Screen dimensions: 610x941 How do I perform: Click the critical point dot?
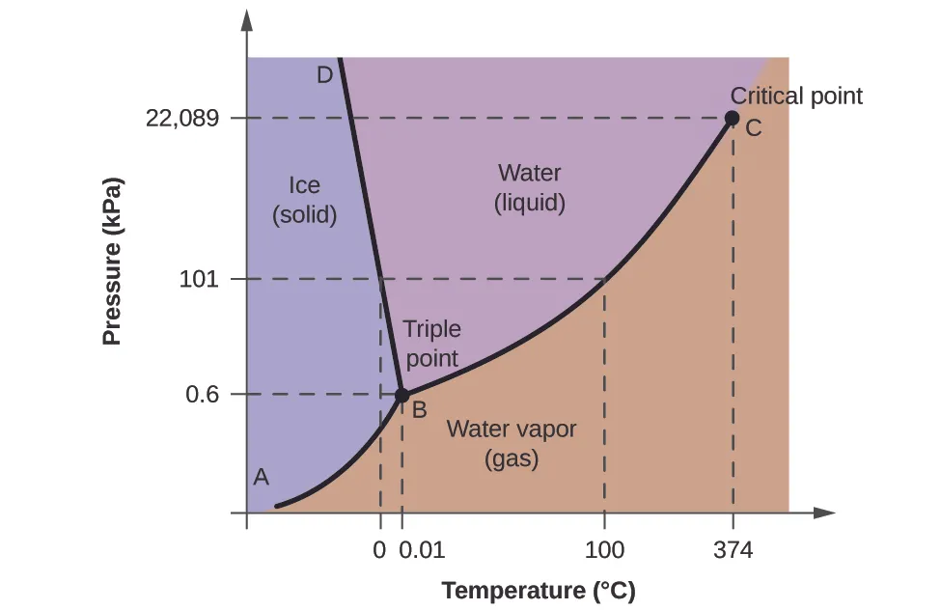(732, 119)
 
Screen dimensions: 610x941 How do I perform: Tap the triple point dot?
(402, 395)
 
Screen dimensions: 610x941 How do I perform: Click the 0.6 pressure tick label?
(202, 395)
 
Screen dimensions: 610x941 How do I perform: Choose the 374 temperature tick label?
(733, 551)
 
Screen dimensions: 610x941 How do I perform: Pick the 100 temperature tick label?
(604, 551)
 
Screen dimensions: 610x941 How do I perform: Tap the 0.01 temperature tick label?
(422, 551)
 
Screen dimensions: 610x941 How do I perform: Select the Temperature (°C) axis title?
(539, 590)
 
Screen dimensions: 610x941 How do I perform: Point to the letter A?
(261, 476)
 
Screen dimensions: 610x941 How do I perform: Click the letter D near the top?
(324, 74)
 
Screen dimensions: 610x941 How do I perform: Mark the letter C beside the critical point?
(754, 127)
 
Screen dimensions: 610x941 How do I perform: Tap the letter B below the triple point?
(420, 409)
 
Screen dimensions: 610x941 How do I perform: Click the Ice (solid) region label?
(304, 200)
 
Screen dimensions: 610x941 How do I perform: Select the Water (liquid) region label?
(529, 188)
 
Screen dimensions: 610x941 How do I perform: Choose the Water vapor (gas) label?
(511, 444)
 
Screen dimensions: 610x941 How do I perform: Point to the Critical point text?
(796, 96)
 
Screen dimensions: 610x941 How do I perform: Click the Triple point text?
(431, 344)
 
